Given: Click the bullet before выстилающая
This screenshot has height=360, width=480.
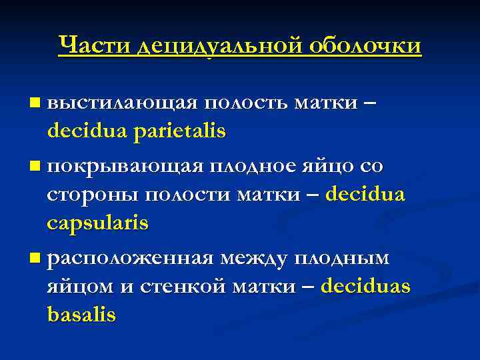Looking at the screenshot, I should tap(35, 103).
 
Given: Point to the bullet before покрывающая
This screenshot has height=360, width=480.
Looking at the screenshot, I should tap(35, 165).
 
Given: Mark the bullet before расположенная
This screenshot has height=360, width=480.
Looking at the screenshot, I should tap(35, 257).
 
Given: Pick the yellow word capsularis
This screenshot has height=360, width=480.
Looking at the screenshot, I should tap(98, 224).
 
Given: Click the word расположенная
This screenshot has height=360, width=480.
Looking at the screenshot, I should tap(131, 257).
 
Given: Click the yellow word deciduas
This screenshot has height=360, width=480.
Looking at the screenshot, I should tap(365, 286).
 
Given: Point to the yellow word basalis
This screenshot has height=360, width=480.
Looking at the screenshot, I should tap(81, 314).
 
